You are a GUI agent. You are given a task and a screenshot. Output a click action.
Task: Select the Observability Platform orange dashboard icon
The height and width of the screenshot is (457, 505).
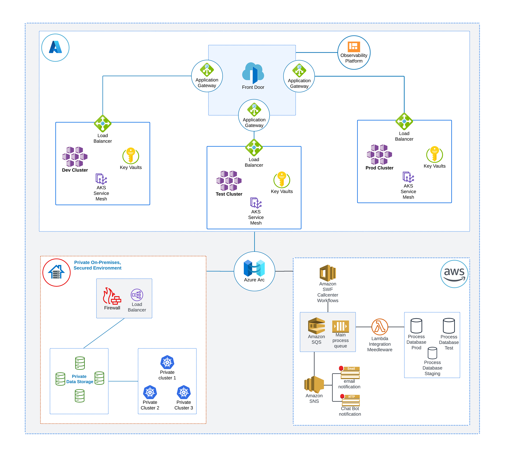[x=354, y=47]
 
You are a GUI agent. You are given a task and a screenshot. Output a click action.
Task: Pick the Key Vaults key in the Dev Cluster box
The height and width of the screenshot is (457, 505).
[x=131, y=155]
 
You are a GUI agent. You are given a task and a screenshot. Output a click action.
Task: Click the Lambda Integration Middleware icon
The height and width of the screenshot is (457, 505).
[x=380, y=327]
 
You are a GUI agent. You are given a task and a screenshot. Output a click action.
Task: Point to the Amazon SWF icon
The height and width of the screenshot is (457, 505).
[x=328, y=273]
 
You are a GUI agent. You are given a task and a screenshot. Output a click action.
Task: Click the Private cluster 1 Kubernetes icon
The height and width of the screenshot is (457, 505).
[x=167, y=362]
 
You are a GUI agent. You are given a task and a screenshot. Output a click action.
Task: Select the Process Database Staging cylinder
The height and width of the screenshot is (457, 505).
[x=432, y=353]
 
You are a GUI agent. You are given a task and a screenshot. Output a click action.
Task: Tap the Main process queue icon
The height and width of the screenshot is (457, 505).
[x=340, y=326]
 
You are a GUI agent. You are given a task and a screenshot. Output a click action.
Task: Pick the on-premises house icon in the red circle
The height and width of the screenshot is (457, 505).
[x=56, y=272]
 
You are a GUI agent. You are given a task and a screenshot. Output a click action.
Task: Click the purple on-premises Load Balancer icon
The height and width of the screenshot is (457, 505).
[x=137, y=295]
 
